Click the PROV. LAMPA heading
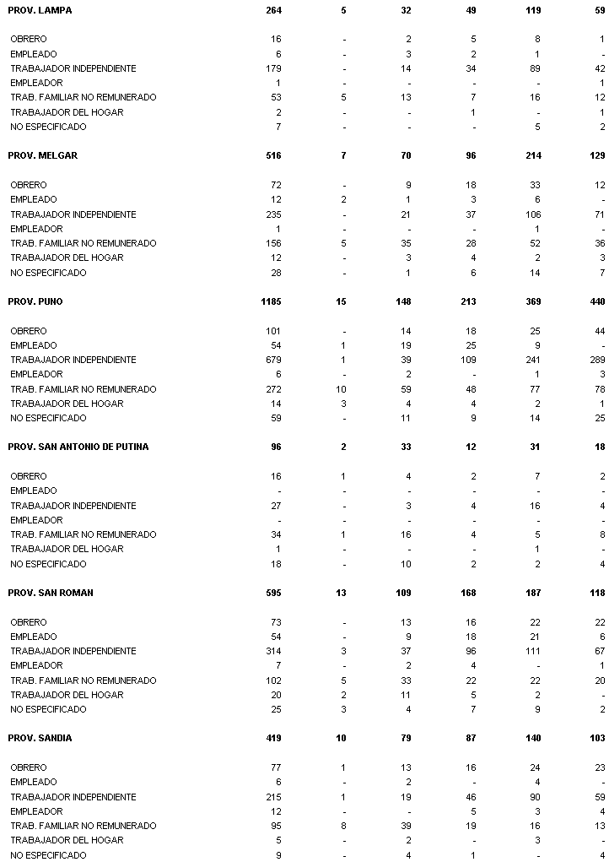coord(40,10)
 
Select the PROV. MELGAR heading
coord(42,155)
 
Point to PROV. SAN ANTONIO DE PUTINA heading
coord(78,447)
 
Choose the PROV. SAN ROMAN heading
coord(51,593)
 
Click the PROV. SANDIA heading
coord(40,738)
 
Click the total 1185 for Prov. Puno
coord(271,301)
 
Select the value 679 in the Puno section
coord(273,360)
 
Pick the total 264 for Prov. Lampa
coord(273,10)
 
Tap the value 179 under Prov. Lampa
coord(273,68)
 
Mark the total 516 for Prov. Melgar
coord(273,155)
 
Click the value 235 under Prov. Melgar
coord(273,214)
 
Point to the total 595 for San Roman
coord(273,593)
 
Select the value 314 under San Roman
coord(273,651)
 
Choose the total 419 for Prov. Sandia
coord(273,738)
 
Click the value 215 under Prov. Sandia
coord(273,797)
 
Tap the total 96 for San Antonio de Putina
coord(276,447)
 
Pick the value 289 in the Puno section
coord(597,360)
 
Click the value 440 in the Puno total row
coord(597,301)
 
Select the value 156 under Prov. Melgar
coord(273,243)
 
